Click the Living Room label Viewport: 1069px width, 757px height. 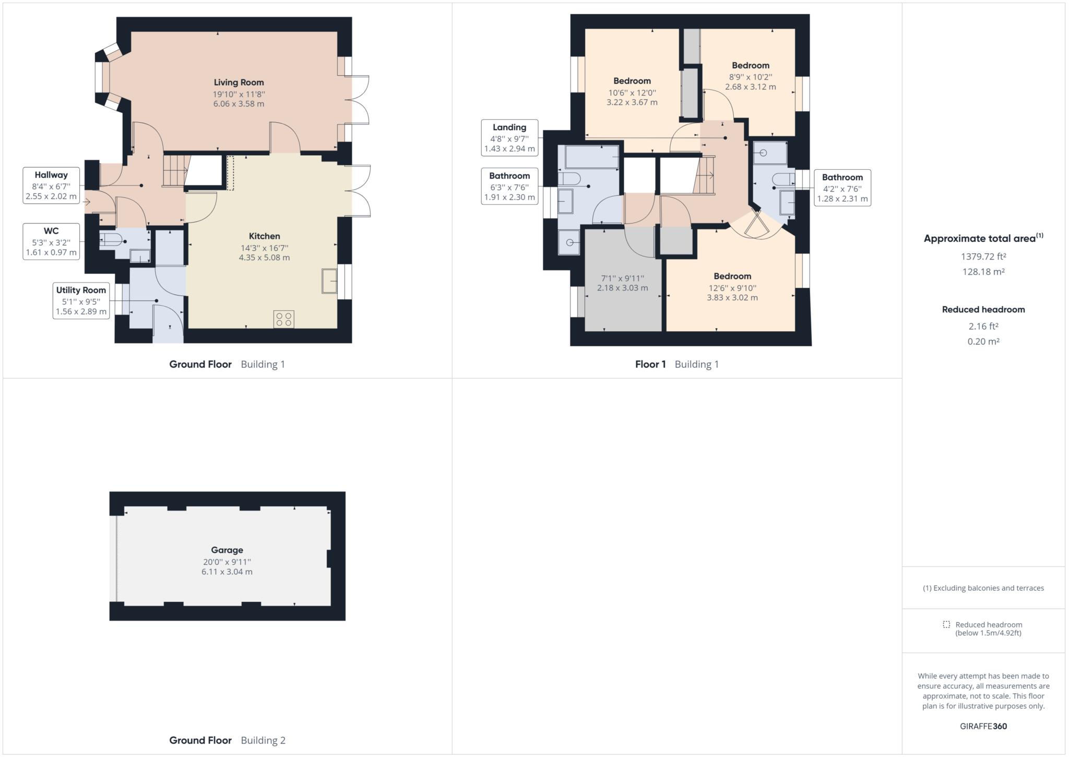coord(239,83)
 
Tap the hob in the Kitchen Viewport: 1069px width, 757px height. coord(283,319)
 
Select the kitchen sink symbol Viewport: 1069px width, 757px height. coord(330,281)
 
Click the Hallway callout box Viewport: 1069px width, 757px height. coord(51,185)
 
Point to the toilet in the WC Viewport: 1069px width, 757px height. coord(111,240)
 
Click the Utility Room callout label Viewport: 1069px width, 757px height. coord(81,300)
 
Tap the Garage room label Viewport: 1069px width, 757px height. coord(227,550)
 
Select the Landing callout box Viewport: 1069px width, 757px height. coord(509,138)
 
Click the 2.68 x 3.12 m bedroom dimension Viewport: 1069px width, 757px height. coord(750,87)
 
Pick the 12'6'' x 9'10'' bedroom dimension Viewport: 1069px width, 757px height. coord(732,288)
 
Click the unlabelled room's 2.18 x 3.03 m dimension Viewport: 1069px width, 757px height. coord(622,288)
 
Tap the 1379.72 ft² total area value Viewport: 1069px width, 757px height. coord(983,257)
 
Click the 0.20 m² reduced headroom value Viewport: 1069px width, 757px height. coord(983,342)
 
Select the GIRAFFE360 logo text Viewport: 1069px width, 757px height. coord(983,726)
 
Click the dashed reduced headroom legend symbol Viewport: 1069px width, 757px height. coord(946,624)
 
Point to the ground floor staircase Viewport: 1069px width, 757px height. coord(175,170)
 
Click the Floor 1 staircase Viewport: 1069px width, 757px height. coord(705,175)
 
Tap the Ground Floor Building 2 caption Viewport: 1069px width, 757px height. coord(227,740)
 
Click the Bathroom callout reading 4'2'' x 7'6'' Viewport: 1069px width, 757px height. coord(842,188)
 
